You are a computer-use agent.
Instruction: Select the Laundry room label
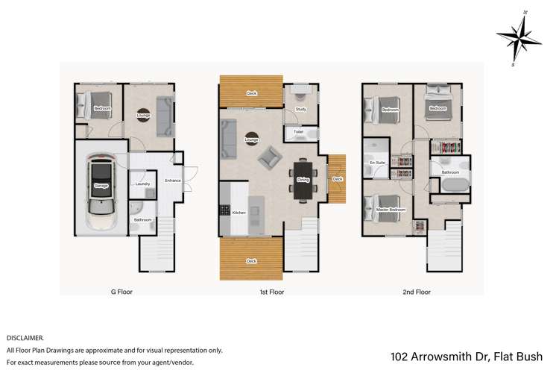point(143,184)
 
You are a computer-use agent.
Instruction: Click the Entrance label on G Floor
point(173,179)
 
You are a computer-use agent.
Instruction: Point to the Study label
point(301,110)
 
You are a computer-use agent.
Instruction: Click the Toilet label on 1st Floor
point(298,133)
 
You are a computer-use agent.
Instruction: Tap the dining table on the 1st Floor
point(303,180)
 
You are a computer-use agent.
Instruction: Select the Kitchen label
point(239,213)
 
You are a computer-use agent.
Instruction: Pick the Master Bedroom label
point(392,210)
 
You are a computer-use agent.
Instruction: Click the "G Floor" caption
point(121,292)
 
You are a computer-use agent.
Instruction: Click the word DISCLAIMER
point(25,338)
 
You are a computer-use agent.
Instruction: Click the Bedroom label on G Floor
point(102,110)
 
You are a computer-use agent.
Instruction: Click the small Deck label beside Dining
point(338,179)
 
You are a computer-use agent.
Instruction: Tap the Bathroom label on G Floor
point(142,220)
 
